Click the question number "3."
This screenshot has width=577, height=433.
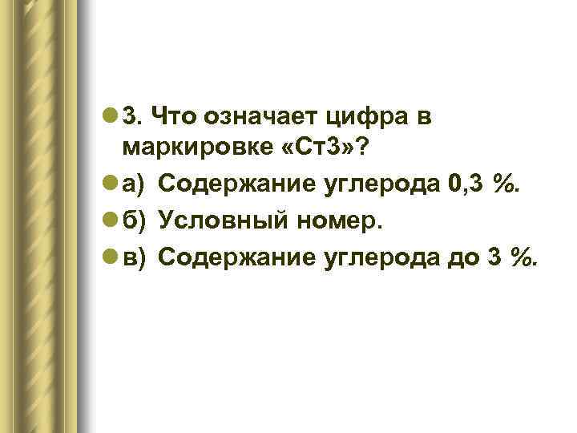coord(132,117)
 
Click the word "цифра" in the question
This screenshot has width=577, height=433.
coord(358,119)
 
